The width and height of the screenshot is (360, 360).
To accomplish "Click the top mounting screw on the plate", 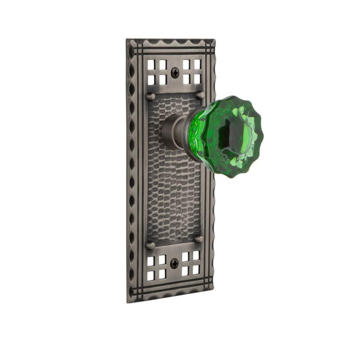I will (175, 72).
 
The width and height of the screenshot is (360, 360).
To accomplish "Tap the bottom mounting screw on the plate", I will (174, 264).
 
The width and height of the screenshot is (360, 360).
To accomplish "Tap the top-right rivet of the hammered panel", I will (200, 95).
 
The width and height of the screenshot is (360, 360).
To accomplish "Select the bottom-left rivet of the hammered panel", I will (151, 246).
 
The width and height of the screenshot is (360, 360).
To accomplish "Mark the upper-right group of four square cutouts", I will (191, 71).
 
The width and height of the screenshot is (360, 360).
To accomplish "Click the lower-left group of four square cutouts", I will (156, 268).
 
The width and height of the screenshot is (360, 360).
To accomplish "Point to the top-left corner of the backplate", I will (127, 40).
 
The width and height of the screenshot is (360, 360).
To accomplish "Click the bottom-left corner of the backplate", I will (128, 302).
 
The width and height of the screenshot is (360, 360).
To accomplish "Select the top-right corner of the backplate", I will (215, 40).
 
